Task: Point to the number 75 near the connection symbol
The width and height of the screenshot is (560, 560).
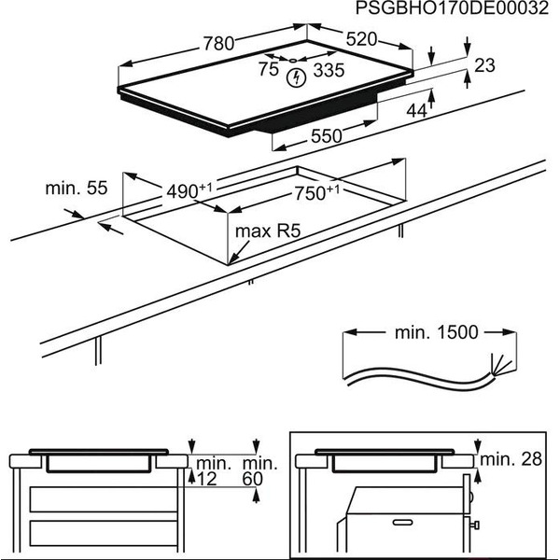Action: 269,69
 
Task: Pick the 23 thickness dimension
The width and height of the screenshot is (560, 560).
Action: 483,65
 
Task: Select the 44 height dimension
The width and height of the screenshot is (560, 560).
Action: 415,110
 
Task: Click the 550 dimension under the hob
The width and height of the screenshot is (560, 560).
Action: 326,136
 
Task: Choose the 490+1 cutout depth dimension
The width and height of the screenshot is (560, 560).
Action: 190,189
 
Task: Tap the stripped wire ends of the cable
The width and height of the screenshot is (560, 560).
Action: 498,366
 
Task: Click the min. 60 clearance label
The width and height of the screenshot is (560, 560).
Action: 259,470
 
